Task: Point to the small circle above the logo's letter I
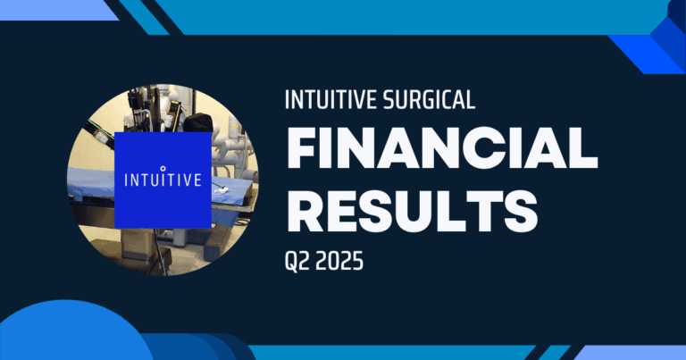pyautogui.click(x=162, y=166)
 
